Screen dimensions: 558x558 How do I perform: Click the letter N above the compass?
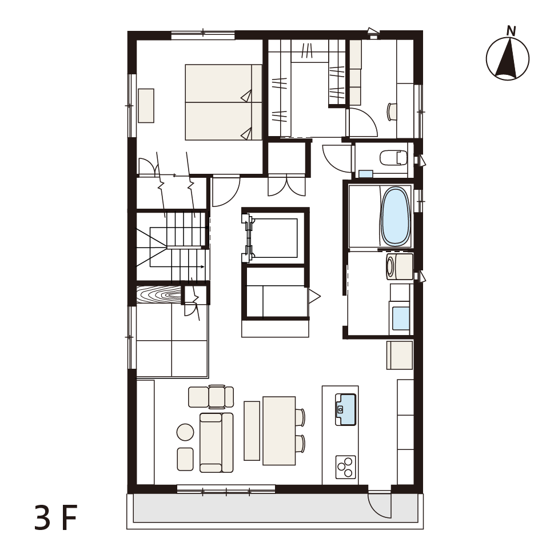511,31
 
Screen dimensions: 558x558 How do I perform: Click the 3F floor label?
56,518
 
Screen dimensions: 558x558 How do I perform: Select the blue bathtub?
396,216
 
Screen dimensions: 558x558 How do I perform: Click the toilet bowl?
393,158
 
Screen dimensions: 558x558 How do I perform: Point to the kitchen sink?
345,409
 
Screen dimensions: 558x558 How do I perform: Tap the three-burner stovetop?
345,467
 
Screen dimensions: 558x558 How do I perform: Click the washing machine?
399,266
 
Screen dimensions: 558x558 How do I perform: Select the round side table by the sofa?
185,432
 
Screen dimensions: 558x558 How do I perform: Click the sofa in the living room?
216,443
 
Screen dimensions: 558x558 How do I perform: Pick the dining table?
279,431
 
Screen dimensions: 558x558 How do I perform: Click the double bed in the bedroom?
224,102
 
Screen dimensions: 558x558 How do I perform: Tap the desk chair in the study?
392,111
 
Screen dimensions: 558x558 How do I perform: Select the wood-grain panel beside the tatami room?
159,294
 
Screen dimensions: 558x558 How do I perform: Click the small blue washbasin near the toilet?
365,174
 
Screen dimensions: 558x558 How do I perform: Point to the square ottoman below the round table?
185,459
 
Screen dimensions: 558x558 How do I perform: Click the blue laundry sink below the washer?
401,318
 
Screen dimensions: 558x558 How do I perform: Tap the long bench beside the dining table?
252,431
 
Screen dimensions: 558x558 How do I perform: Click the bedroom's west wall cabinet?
146,106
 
